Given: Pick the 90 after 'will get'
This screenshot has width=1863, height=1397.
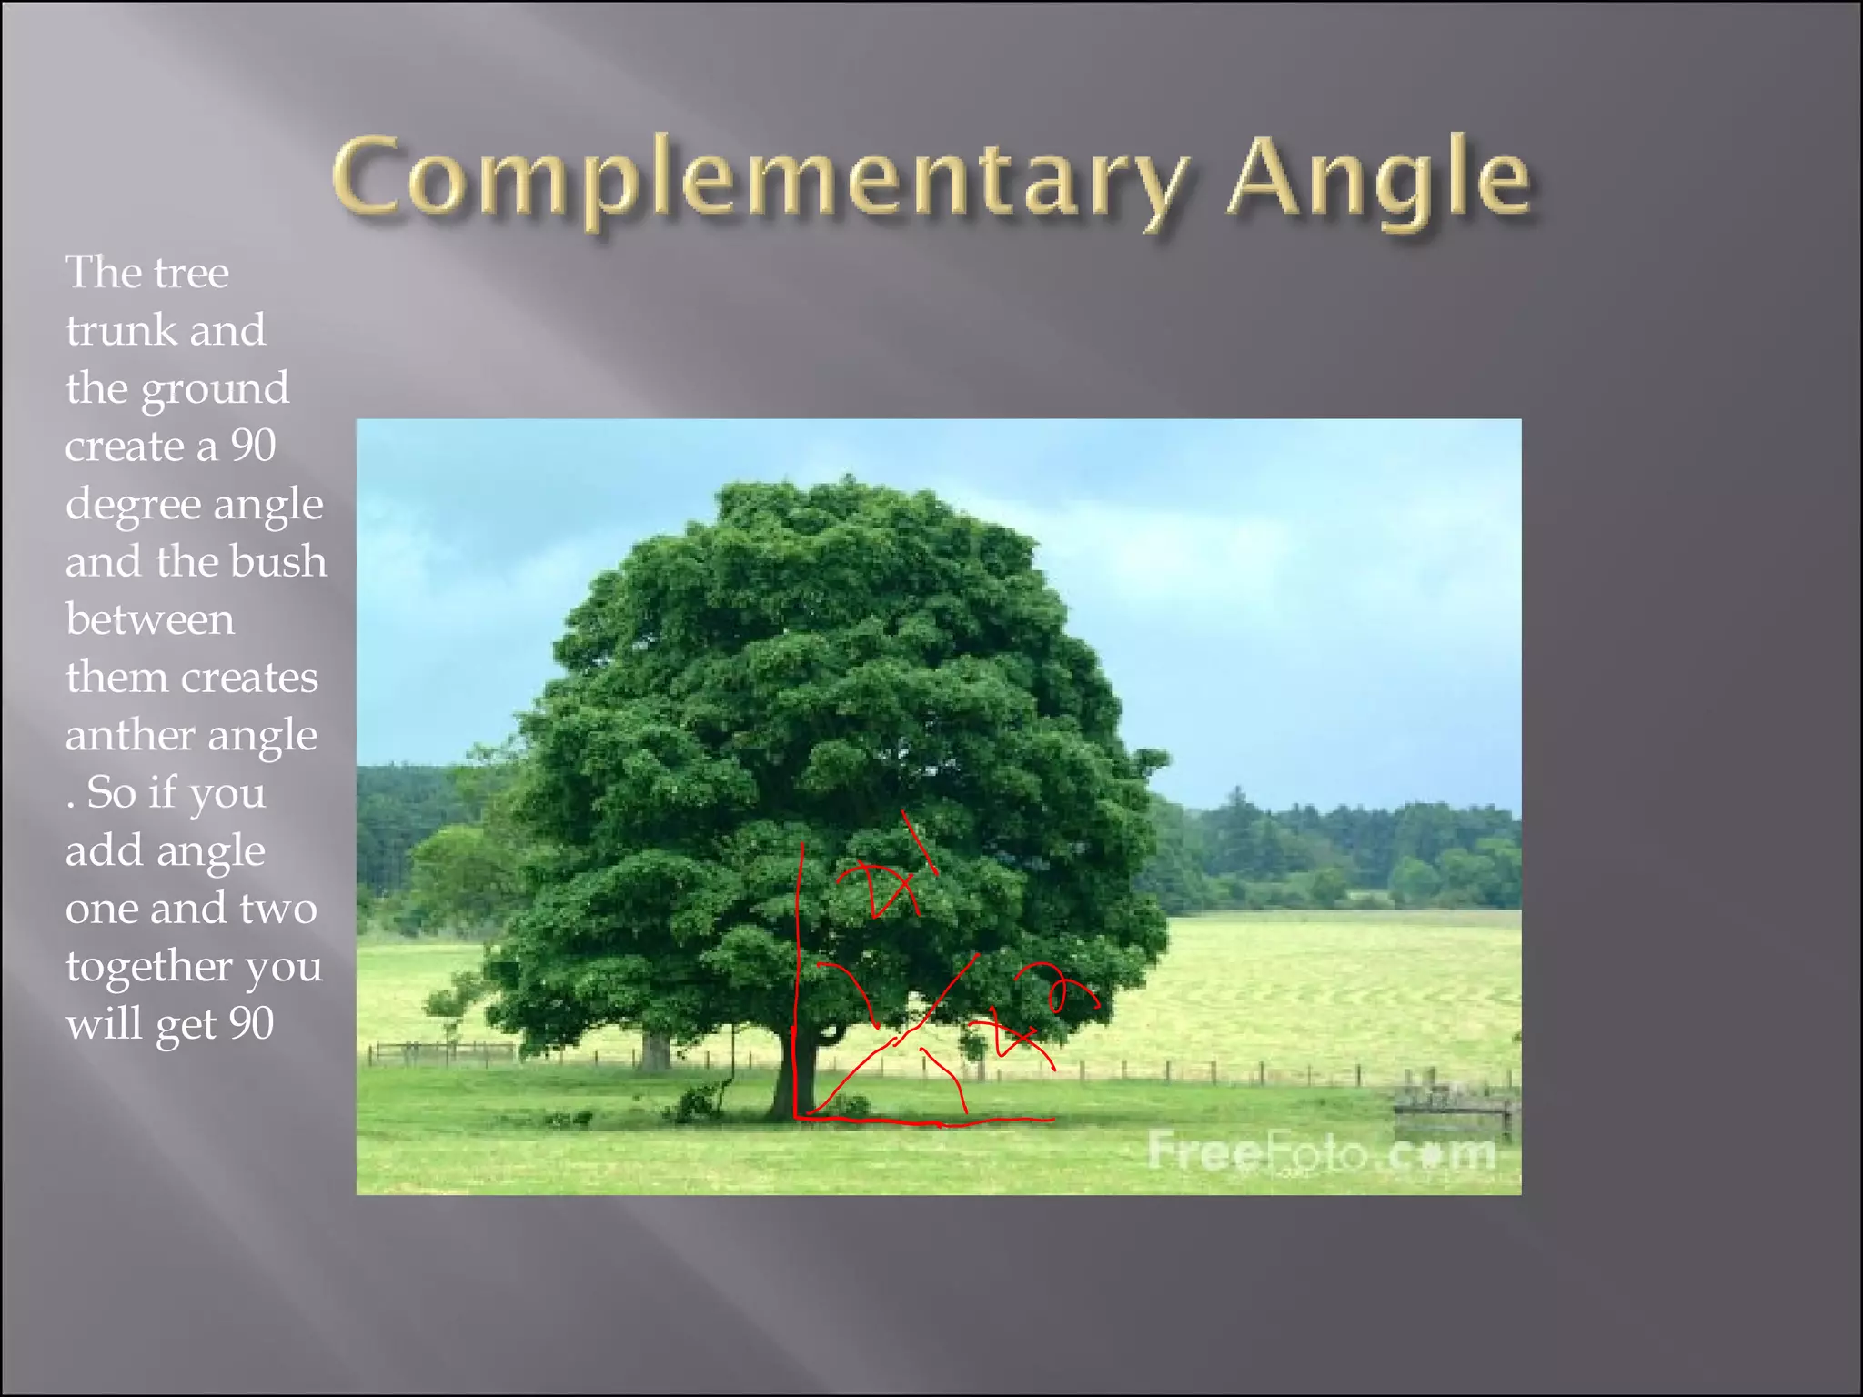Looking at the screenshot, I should pyautogui.click(x=251, y=1023).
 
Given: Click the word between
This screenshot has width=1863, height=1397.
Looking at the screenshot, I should pyautogui.click(x=150, y=619).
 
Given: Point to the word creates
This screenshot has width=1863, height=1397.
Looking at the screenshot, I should pyautogui.click(x=249, y=678).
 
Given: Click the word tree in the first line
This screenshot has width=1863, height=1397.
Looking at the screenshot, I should pyautogui.click(x=191, y=273).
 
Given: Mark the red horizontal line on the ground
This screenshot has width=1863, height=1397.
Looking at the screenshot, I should pyautogui.click(x=928, y=1121).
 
